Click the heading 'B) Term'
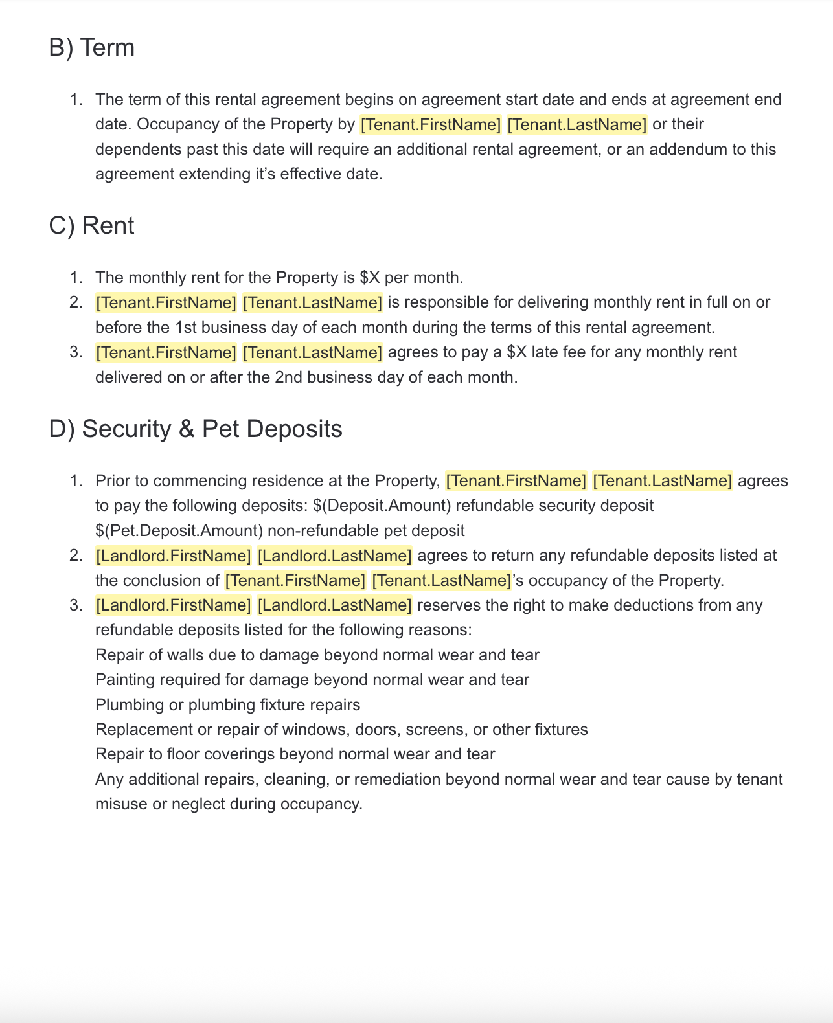[x=91, y=48]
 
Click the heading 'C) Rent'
[x=91, y=226]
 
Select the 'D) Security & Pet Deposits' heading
[x=195, y=429]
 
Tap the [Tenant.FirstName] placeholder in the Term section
[x=431, y=124]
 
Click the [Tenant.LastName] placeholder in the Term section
[x=576, y=124]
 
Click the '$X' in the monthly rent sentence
[x=369, y=278]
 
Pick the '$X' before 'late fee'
[x=517, y=352]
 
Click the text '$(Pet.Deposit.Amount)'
[x=179, y=531]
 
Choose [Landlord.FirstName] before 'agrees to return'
[x=173, y=556]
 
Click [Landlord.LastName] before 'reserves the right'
[x=334, y=605]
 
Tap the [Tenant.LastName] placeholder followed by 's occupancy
[x=442, y=581]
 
